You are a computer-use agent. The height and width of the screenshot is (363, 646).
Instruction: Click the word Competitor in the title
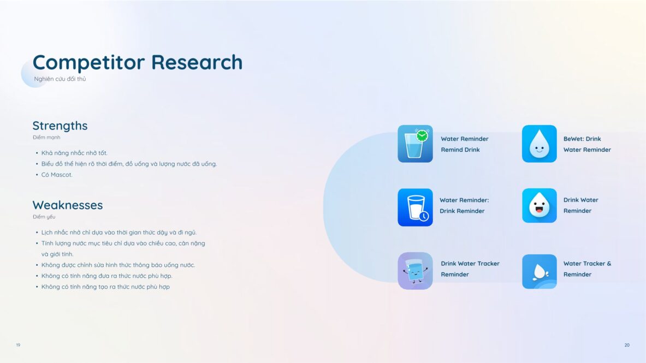pos(88,62)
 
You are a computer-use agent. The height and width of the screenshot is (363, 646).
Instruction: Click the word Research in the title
pos(197,62)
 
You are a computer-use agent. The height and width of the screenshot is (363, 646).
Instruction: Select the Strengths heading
pos(60,126)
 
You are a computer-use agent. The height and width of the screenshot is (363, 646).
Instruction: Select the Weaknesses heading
pos(68,205)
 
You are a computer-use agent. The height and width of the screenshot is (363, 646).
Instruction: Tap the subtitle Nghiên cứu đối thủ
pos(60,79)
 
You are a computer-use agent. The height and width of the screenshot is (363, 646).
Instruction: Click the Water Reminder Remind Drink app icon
pos(415,144)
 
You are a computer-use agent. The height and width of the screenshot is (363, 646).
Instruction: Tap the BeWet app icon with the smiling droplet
pos(540,144)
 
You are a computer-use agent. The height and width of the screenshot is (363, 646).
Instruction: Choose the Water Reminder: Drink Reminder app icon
pos(415,207)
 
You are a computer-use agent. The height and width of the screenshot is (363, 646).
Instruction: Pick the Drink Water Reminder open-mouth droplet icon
pos(540,206)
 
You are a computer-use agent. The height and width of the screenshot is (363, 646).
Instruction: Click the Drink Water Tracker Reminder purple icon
pos(415,271)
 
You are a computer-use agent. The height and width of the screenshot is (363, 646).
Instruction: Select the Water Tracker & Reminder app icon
pos(540,271)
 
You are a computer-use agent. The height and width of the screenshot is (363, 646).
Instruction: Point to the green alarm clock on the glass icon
pos(422,135)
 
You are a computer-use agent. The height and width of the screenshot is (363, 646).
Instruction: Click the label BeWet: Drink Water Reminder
pos(587,144)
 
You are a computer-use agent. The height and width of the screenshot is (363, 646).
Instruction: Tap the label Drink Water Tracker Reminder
pos(470,269)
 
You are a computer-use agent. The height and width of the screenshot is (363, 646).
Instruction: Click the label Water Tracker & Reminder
pos(587,269)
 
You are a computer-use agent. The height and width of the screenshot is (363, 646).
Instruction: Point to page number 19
pos(18,345)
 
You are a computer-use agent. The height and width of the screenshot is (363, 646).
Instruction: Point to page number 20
pos(627,345)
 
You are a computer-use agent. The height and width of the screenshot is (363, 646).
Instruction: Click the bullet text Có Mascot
pos(57,175)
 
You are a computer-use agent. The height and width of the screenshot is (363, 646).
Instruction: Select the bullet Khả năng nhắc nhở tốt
pos(74,153)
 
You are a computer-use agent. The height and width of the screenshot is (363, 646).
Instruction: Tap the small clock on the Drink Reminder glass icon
pos(424,216)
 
